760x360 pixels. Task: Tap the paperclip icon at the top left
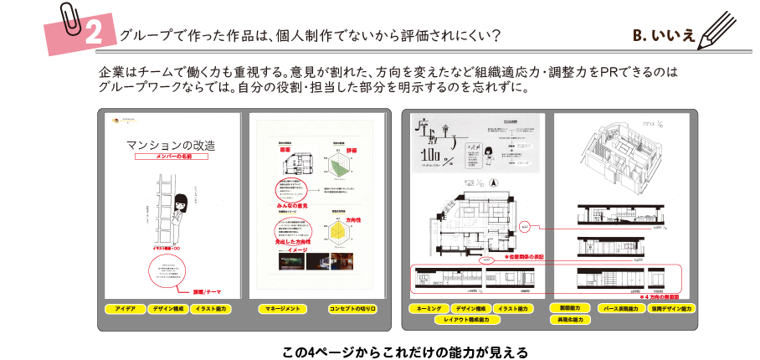[70, 18]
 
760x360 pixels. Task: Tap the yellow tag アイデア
[126, 309]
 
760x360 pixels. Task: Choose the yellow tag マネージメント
[280, 309]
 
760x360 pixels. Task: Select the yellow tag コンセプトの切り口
[352, 309]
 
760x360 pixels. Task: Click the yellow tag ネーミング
[429, 309]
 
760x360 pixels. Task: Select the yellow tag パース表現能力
[621, 308]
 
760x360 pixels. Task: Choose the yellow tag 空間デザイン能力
[671, 308]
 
